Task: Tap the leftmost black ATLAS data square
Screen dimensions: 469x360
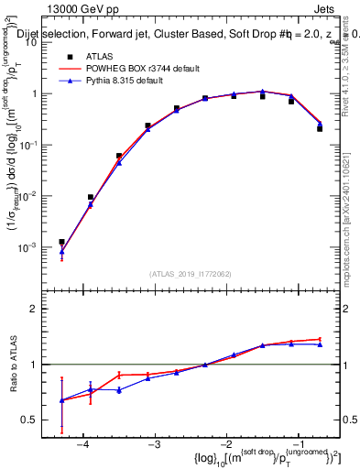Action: pos(61,242)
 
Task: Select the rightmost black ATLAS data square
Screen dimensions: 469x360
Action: pos(320,128)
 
